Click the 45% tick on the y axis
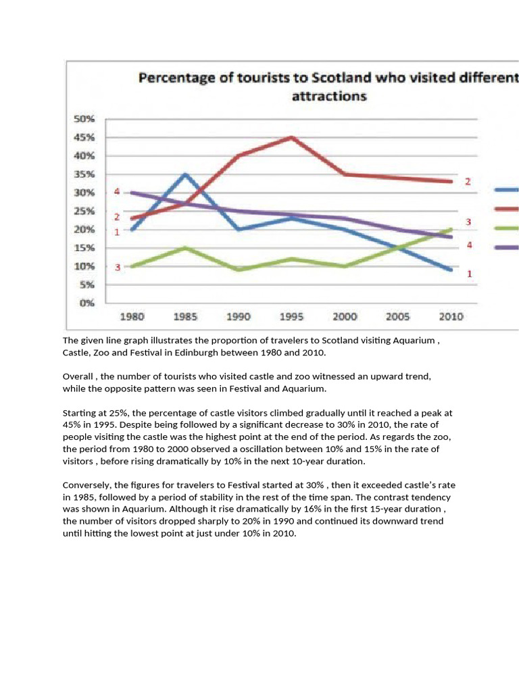(84, 137)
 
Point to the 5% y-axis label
(87, 285)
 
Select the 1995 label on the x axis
(291, 316)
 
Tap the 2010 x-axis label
(451, 316)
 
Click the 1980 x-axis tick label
(132, 316)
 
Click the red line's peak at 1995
(291, 137)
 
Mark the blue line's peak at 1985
(185, 174)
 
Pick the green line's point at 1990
(239, 270)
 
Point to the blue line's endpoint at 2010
(451, 270)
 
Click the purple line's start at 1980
(132, 193)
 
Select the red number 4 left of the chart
(117, 192)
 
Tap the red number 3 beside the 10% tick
(118, 267)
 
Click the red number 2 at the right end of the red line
(467, 182)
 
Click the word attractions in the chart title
(329, 96)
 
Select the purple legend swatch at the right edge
(508, 247)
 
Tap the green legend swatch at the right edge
(508, 228)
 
